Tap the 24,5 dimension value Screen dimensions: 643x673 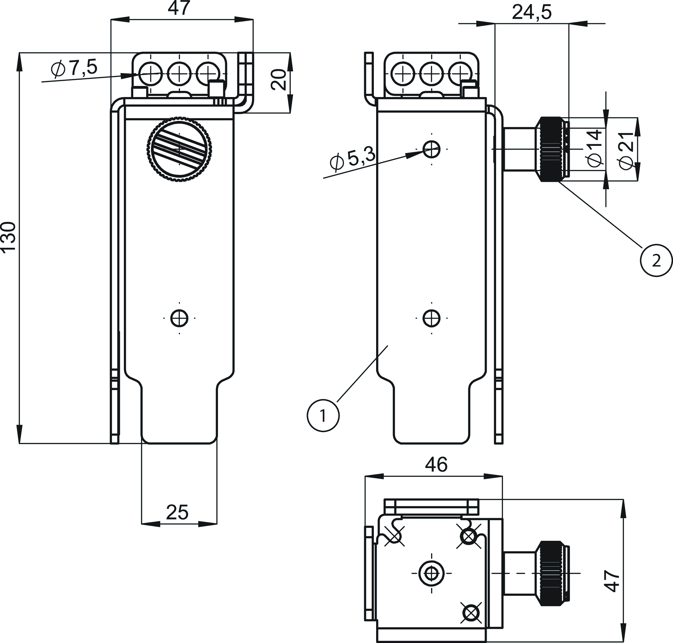531,13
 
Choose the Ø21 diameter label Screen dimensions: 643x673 626,150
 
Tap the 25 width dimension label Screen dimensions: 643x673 177,512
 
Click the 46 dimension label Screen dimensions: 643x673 436,465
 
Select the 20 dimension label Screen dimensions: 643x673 278,80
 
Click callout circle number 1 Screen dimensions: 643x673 323,415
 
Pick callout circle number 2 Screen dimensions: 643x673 656,261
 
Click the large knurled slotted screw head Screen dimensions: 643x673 179,149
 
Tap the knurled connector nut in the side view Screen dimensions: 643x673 551,149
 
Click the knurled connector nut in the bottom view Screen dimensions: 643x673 551,583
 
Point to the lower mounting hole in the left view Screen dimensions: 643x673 179,318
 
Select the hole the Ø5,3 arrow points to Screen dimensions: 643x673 431,149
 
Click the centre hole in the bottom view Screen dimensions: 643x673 431,583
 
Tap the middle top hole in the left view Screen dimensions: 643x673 179,74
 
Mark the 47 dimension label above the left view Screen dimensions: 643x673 179,8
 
